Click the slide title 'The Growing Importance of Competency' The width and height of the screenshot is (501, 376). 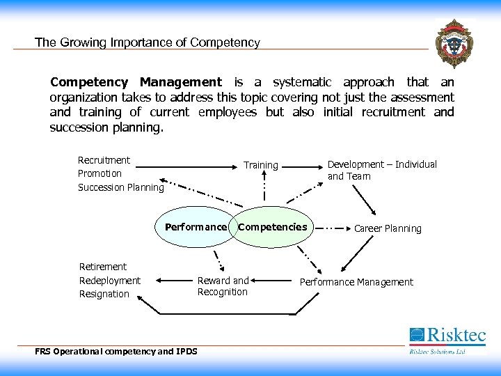pos(148,42)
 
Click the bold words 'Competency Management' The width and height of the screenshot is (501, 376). pos(136,82)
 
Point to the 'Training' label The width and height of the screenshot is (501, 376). pos(261,165)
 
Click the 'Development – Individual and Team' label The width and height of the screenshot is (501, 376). pos(382,170)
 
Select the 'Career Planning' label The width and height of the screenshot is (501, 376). pos(388,228)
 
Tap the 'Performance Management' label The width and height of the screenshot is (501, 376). pos(356,282)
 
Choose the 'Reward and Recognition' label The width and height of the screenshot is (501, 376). pos(223,286)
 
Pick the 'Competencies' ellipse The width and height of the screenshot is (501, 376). pos(273,227)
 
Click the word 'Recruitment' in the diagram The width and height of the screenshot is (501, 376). pos(104,160)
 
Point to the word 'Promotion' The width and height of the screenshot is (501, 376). pos(100,173)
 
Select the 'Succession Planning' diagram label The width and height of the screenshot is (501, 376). pos(120,187)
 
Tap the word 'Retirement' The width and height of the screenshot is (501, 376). pos(103,267)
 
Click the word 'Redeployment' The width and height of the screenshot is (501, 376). pos(110,280)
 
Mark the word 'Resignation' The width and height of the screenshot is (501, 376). pos(104,294)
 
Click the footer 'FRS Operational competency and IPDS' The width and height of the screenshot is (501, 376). pos(116,351)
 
